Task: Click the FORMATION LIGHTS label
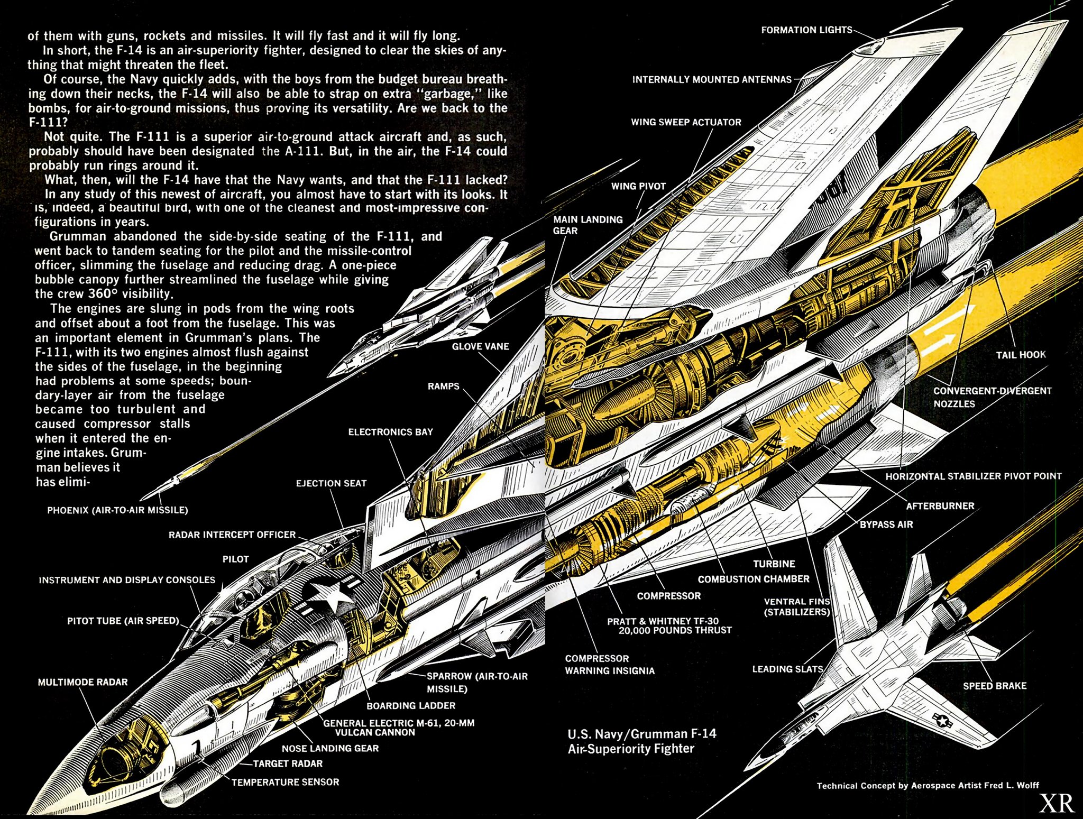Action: (x=806, y=30)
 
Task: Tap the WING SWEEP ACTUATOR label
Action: (x=686, y=122)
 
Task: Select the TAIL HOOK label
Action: (x=1021, y=355)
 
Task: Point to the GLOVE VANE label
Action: (x=480, y=346)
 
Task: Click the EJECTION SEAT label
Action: (x=331, y=483)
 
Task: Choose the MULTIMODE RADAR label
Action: (x=82, y=682)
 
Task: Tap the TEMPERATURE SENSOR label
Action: (x=285, y=782)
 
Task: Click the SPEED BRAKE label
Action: (x=994, y=686)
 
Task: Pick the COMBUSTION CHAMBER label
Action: (x=753, y=579)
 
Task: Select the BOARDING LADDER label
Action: (x=411, y=705)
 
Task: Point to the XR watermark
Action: (x=1057, y=803)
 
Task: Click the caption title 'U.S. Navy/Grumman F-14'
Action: (x=641, y=734)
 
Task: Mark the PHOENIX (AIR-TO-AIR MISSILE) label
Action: (x=117, y=510)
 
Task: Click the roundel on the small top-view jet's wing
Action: (x=941, y=719)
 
